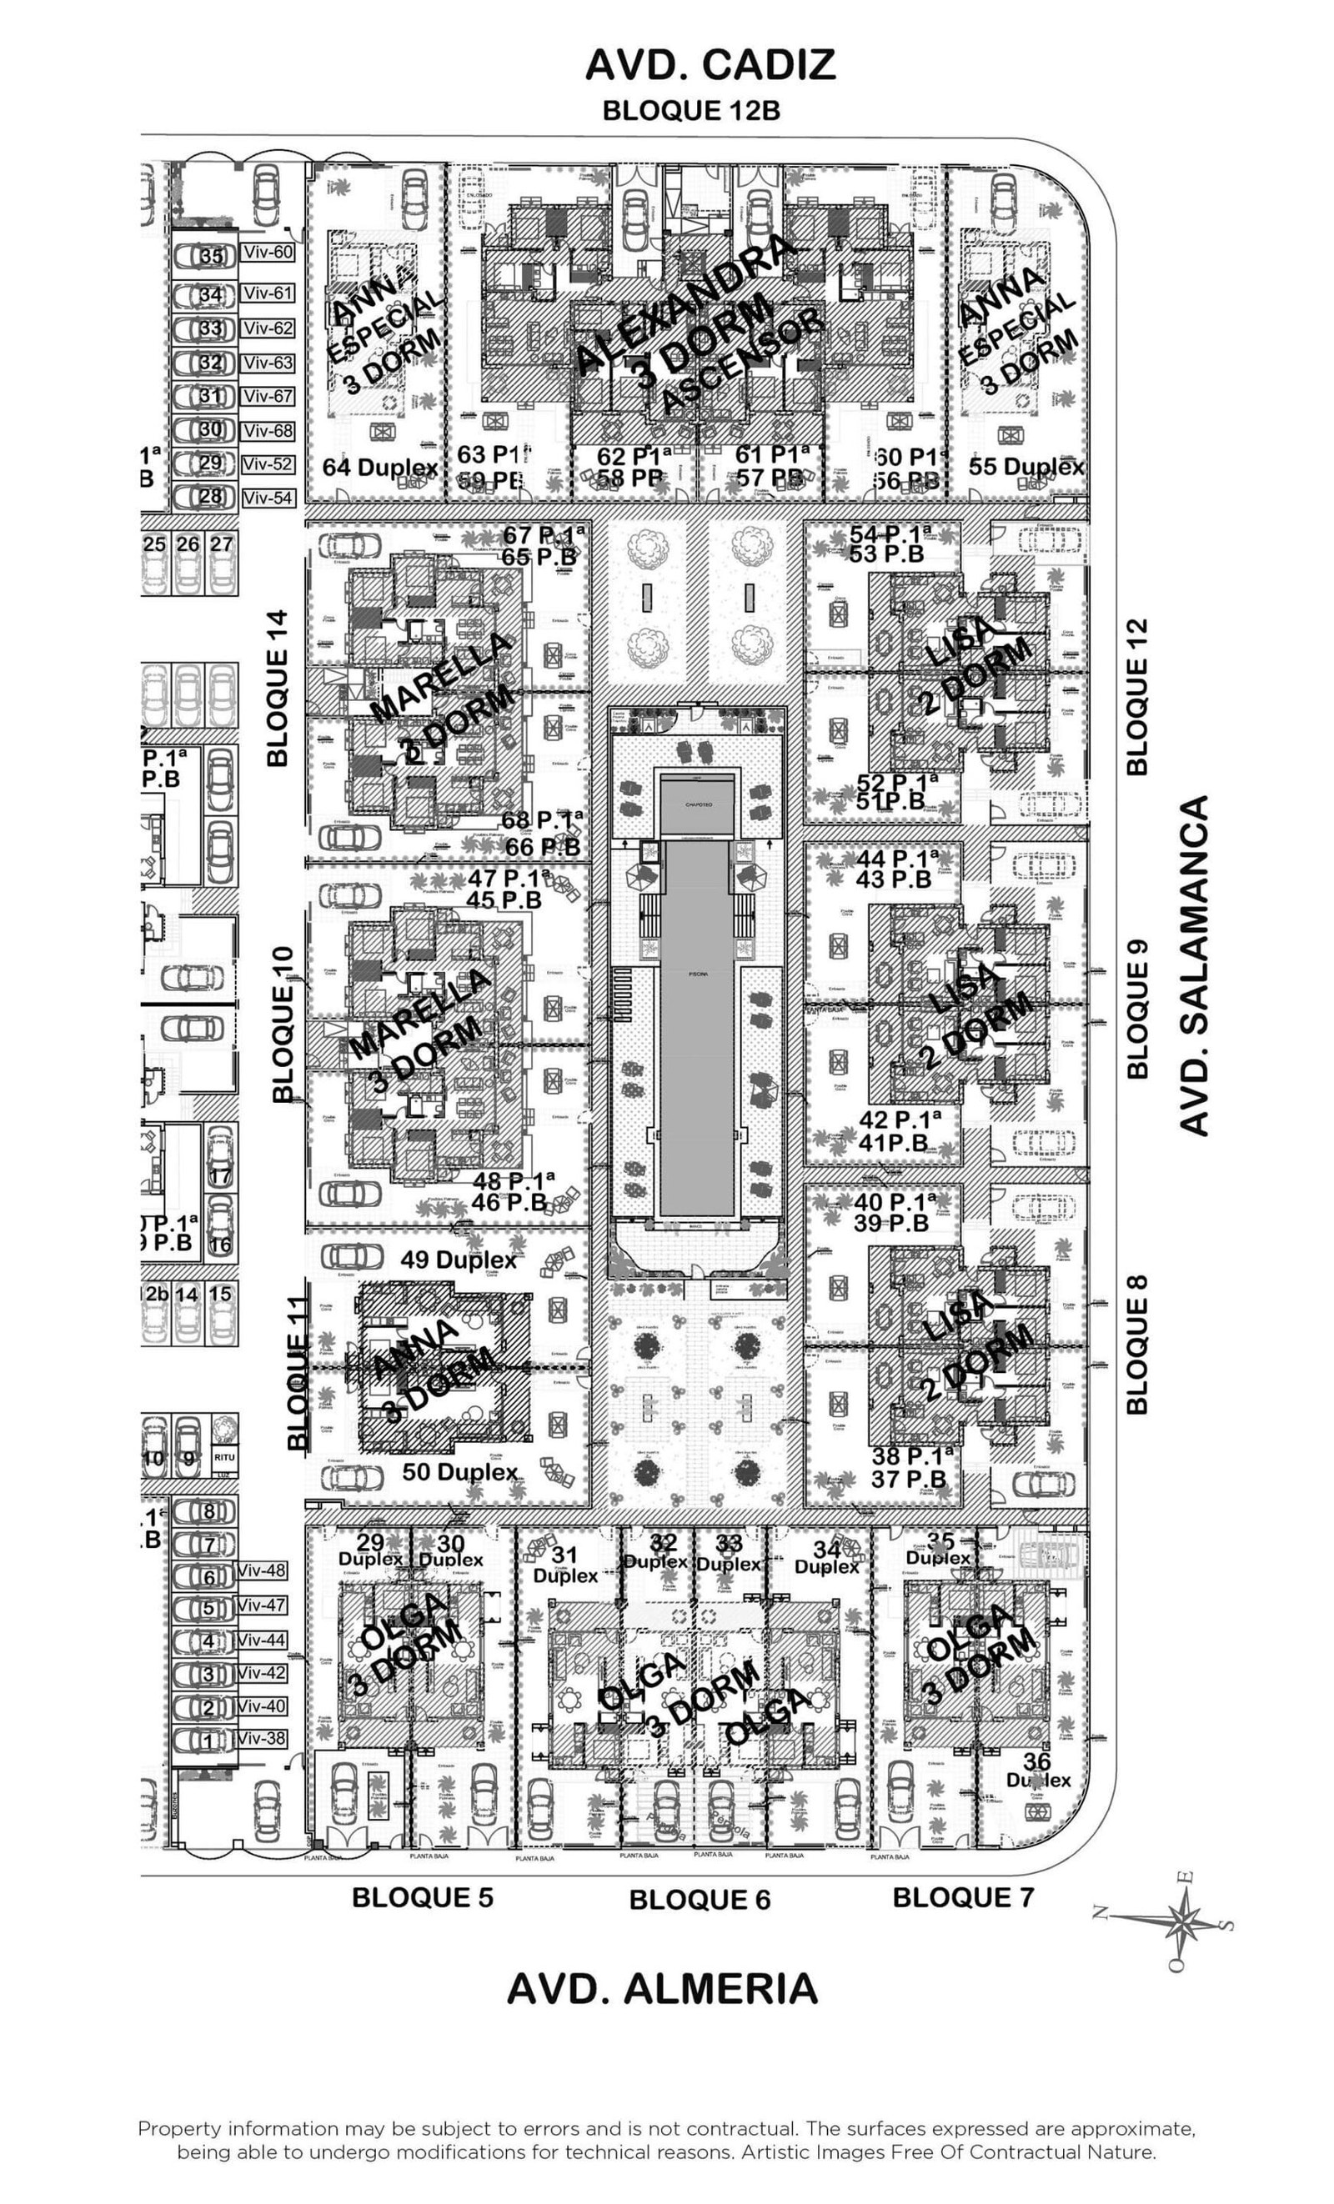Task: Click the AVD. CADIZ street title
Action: click(710, 64)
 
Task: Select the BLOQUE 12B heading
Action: click(690, 111)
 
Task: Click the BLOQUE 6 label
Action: click(699, 1900)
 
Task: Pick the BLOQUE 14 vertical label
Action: click(278, 687)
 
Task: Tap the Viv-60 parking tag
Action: click(268, 253)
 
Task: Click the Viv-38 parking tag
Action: click(261, 1738)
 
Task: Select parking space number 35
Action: click(211, 257)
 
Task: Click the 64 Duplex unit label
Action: click(380, 468)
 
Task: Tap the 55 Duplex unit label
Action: click(1026, 466)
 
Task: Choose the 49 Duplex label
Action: click(458, 1260)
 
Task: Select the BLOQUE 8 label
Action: click(1136, 1344)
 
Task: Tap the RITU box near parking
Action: click(223, 1457)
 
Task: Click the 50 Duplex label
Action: click(460, 1471)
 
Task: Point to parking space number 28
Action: click(209, 497)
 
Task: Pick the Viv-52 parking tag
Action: click(267, 464)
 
